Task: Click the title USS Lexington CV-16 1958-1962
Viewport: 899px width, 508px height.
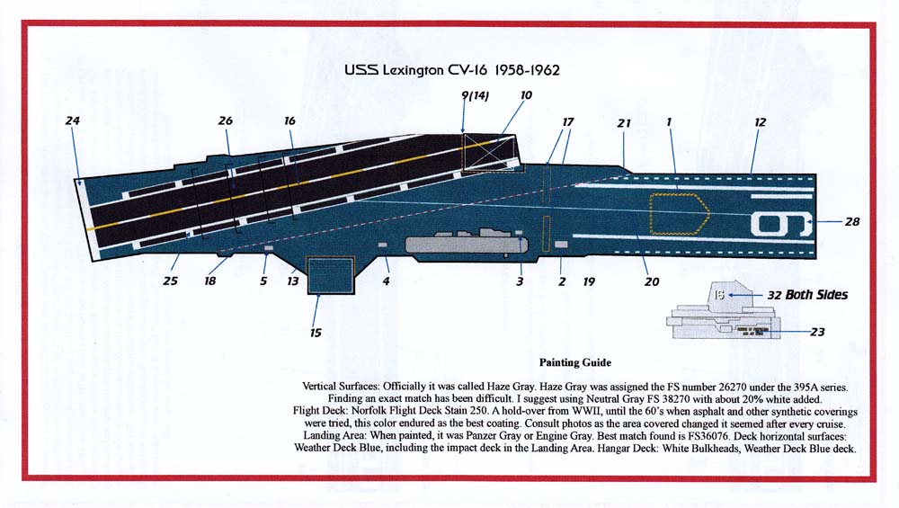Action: coord(452,70)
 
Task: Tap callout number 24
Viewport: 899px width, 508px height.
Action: coord(72,120)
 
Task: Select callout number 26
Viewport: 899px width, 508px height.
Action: coord(226,120)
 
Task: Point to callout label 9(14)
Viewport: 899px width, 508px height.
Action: coord(476,95)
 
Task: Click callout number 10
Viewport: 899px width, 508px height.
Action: coord(526,95)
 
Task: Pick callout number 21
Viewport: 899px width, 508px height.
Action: coord(624,122)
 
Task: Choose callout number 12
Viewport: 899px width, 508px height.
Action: coord(760,122)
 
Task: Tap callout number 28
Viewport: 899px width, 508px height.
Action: coord(852,221)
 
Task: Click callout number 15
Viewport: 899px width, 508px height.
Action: coord(316,333)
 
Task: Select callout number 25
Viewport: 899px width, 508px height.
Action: coord(170,281)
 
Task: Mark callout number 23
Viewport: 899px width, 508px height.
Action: coord(817,332)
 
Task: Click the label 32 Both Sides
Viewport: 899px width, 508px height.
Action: coord(807,295)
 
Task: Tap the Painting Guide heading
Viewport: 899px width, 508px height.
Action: coord(575,362)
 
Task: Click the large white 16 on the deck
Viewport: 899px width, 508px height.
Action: coord(781,224)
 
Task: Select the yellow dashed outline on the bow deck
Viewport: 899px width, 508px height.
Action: coord(680,214)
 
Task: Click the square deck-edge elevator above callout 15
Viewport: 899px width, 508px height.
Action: coord(331,276)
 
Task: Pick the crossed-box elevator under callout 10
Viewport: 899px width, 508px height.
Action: coord(488,153)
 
